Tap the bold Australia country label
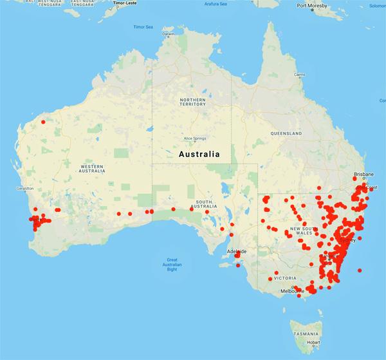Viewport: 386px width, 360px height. [198, 155]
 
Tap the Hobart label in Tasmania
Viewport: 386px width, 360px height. [313, 342]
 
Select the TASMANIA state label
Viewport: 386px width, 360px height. [306, 334]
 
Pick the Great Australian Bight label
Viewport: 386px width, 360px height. [171, 265]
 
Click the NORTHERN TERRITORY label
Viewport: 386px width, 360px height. [193, 102]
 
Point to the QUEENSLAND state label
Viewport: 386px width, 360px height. [286, 133]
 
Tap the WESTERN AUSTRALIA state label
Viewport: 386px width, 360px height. [91, 168]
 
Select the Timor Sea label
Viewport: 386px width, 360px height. [143, 27]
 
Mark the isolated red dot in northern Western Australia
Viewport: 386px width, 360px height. [43, 121]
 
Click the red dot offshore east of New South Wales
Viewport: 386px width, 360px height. [360, 270]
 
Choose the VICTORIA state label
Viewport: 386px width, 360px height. [284, 278]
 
